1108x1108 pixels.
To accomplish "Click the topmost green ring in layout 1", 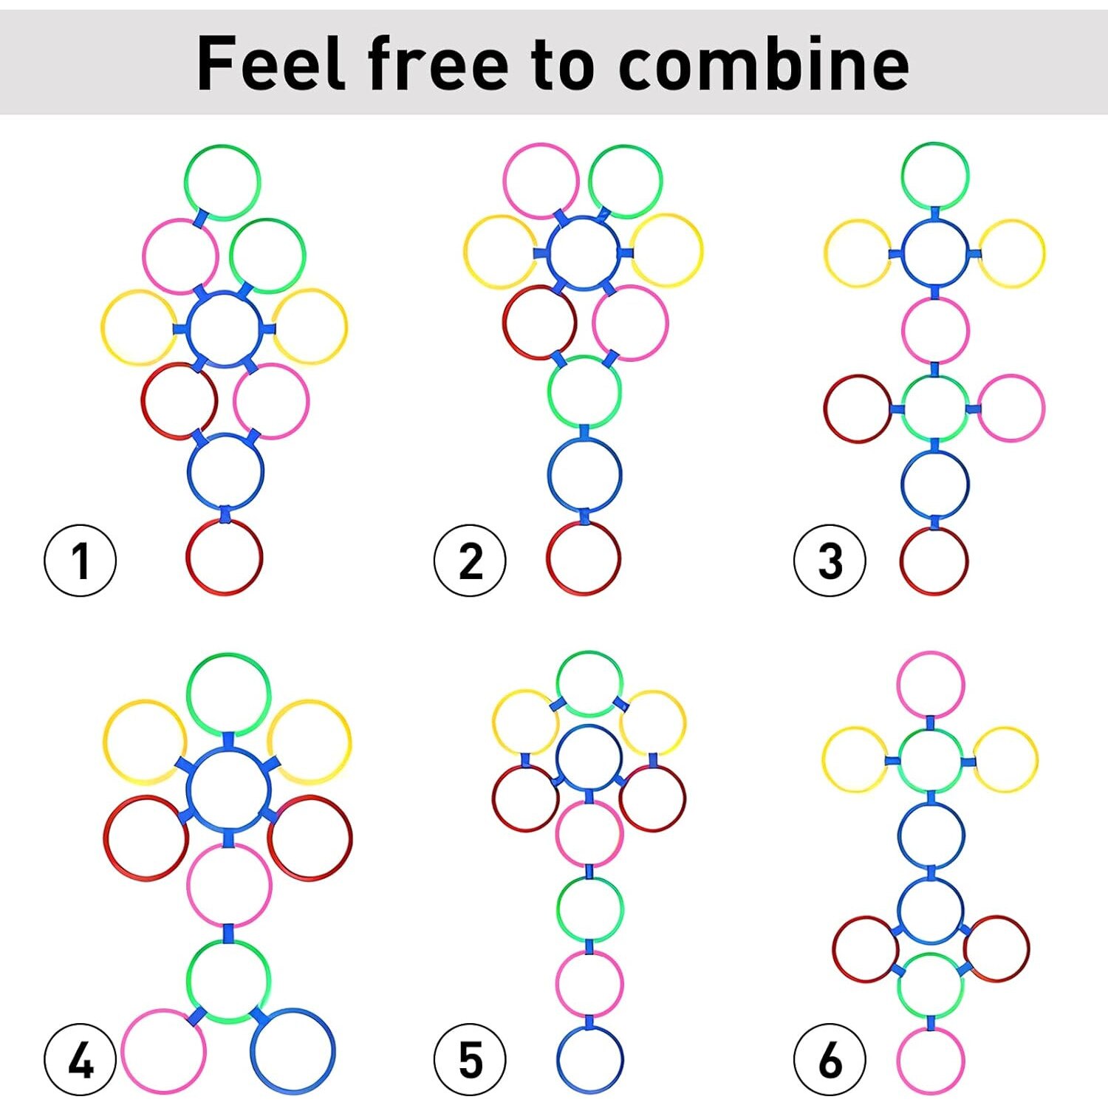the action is point(222,146).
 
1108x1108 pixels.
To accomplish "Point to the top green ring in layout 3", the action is point(934,143).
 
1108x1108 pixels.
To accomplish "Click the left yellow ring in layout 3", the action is point(825,253).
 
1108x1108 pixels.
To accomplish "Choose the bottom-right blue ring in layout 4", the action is point(293,1010).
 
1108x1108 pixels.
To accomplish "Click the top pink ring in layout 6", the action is point(931,653).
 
